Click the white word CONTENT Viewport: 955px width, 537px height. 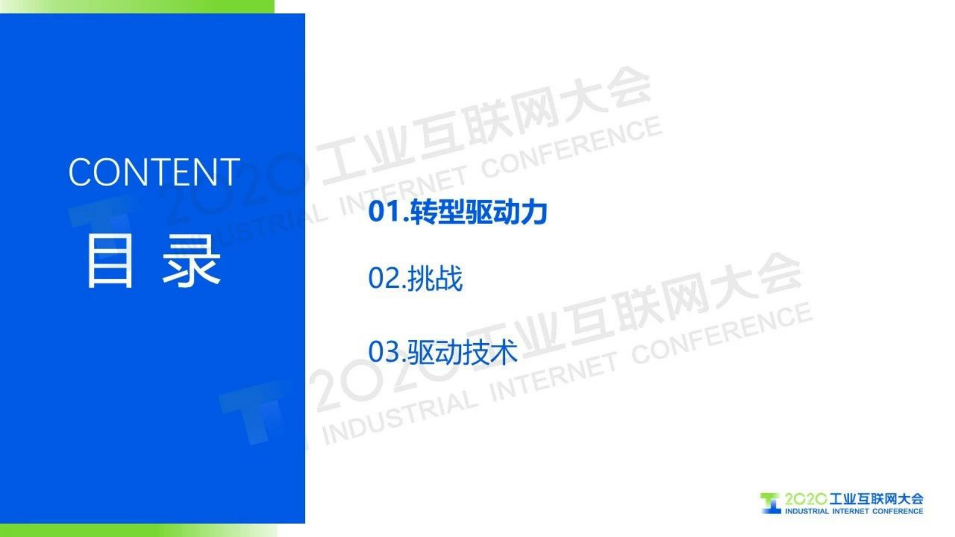point(154,172)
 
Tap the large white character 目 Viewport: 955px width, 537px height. point(110,261)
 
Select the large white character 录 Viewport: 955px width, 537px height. point(191,261)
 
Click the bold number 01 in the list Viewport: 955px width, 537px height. point(385,212)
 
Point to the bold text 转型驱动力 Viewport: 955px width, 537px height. point(479,212)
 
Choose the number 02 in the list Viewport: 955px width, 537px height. point(385,279)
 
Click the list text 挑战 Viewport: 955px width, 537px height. point(435,279)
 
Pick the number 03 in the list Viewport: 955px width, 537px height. point(385,352)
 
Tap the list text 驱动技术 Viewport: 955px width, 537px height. point(462,352)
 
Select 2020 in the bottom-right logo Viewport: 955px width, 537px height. point(806,499)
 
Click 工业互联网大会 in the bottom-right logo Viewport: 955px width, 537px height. point(876,499)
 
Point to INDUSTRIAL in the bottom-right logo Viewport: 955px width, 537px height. point(806,512)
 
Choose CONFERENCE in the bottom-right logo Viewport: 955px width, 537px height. point(897,512)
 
